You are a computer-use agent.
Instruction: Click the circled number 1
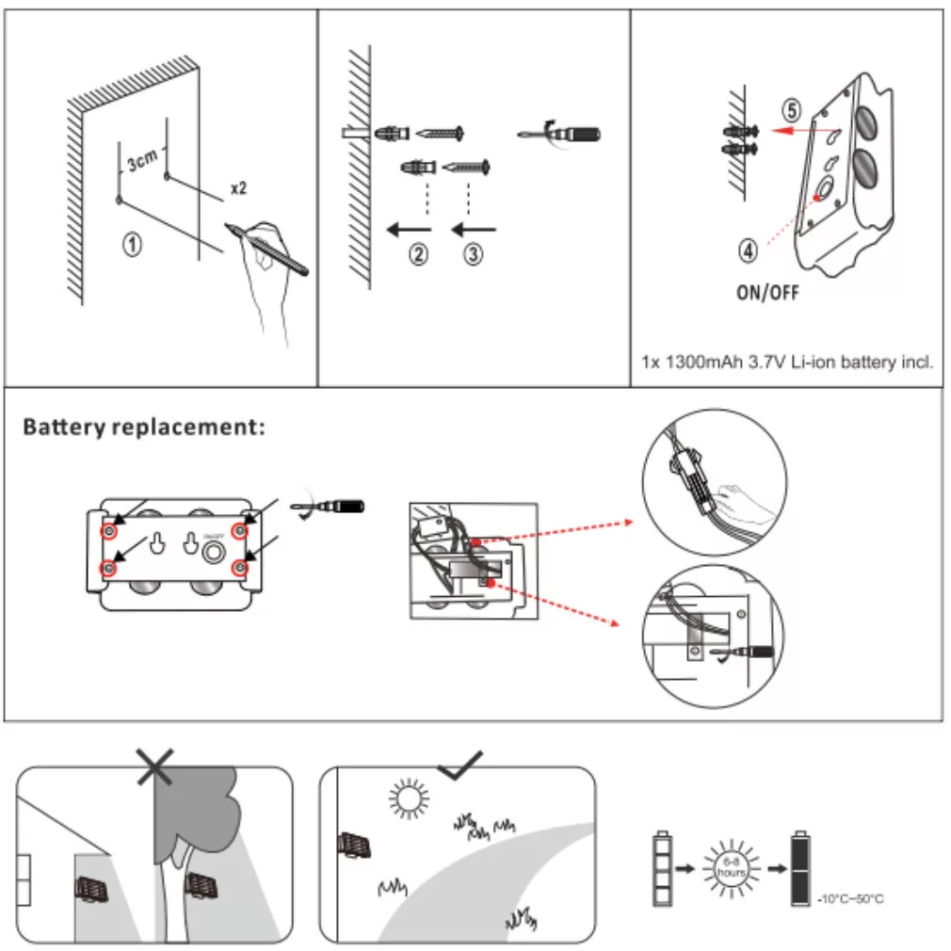click(134, 245)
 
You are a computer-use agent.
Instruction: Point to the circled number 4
click(747, 250)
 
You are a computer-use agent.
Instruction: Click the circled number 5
click(792, 110)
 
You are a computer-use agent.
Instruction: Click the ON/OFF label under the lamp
click(767, 293)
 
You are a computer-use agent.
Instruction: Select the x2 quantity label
click(238, 188)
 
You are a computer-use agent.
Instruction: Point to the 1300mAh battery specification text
click(787, 362)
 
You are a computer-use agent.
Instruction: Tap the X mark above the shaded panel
click(154, 768)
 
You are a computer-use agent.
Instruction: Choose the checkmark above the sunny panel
click(460, 765)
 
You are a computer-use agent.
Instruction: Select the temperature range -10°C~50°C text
click(849, 898)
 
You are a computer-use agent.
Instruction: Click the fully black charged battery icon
click(800, 868)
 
